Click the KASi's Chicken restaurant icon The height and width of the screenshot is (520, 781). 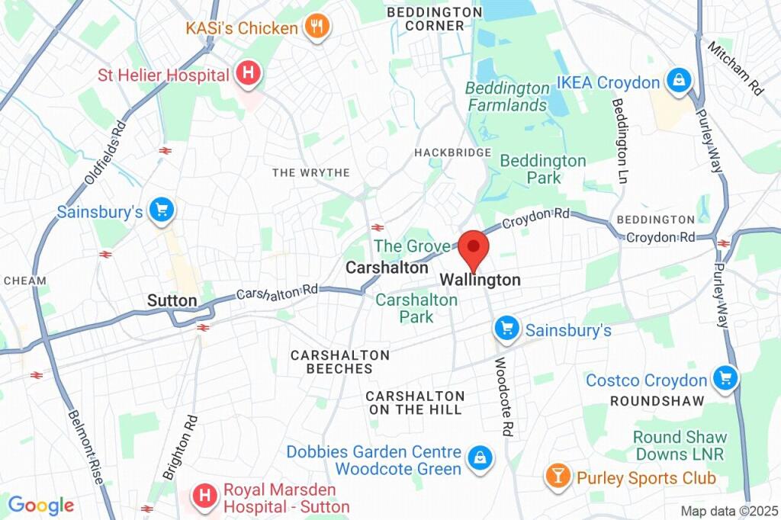[316, 28]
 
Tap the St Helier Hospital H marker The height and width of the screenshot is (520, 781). [248, 75]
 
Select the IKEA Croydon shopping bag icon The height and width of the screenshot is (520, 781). [677, 82]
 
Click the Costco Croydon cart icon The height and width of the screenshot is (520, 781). [725, 379]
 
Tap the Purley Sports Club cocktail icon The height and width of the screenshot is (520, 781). [558, 477]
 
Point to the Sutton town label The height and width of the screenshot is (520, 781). [172, 300]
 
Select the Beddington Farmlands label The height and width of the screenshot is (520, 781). [507, 96]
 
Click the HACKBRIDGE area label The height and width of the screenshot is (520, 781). [453, 152]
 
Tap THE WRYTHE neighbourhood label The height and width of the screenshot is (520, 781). [311, 173]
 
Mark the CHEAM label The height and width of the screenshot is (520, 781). [24, 281]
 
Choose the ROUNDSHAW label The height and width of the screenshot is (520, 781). [649, 399]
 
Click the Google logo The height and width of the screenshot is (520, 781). [40, 505]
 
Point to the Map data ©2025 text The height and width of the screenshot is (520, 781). [728, 511]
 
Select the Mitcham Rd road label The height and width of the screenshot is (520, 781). [735, 69]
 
